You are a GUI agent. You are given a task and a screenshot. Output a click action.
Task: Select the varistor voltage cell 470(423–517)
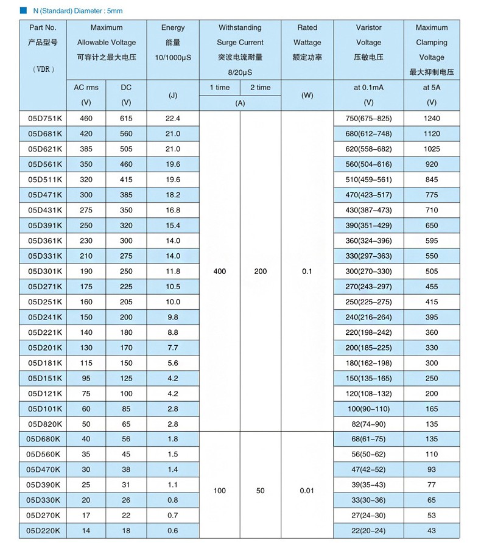368,195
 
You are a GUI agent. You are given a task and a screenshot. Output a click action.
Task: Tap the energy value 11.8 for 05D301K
173,271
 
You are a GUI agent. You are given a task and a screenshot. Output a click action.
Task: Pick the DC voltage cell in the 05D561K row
126,164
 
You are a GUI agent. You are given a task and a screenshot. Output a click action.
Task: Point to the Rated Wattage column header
307,42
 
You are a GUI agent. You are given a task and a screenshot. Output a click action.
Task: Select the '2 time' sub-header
260,88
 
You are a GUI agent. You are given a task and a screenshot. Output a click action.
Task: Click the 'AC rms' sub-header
86,88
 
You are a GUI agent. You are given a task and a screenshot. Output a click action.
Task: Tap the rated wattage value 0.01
307,491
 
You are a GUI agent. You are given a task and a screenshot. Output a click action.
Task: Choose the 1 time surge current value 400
220,271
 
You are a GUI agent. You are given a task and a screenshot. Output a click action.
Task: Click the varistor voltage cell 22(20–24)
368,531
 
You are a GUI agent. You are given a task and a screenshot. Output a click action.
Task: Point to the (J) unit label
173,96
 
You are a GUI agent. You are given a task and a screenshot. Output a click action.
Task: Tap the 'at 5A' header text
431,88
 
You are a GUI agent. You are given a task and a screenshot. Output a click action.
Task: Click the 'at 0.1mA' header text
368,88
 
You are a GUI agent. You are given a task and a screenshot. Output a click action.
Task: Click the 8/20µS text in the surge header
240,72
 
